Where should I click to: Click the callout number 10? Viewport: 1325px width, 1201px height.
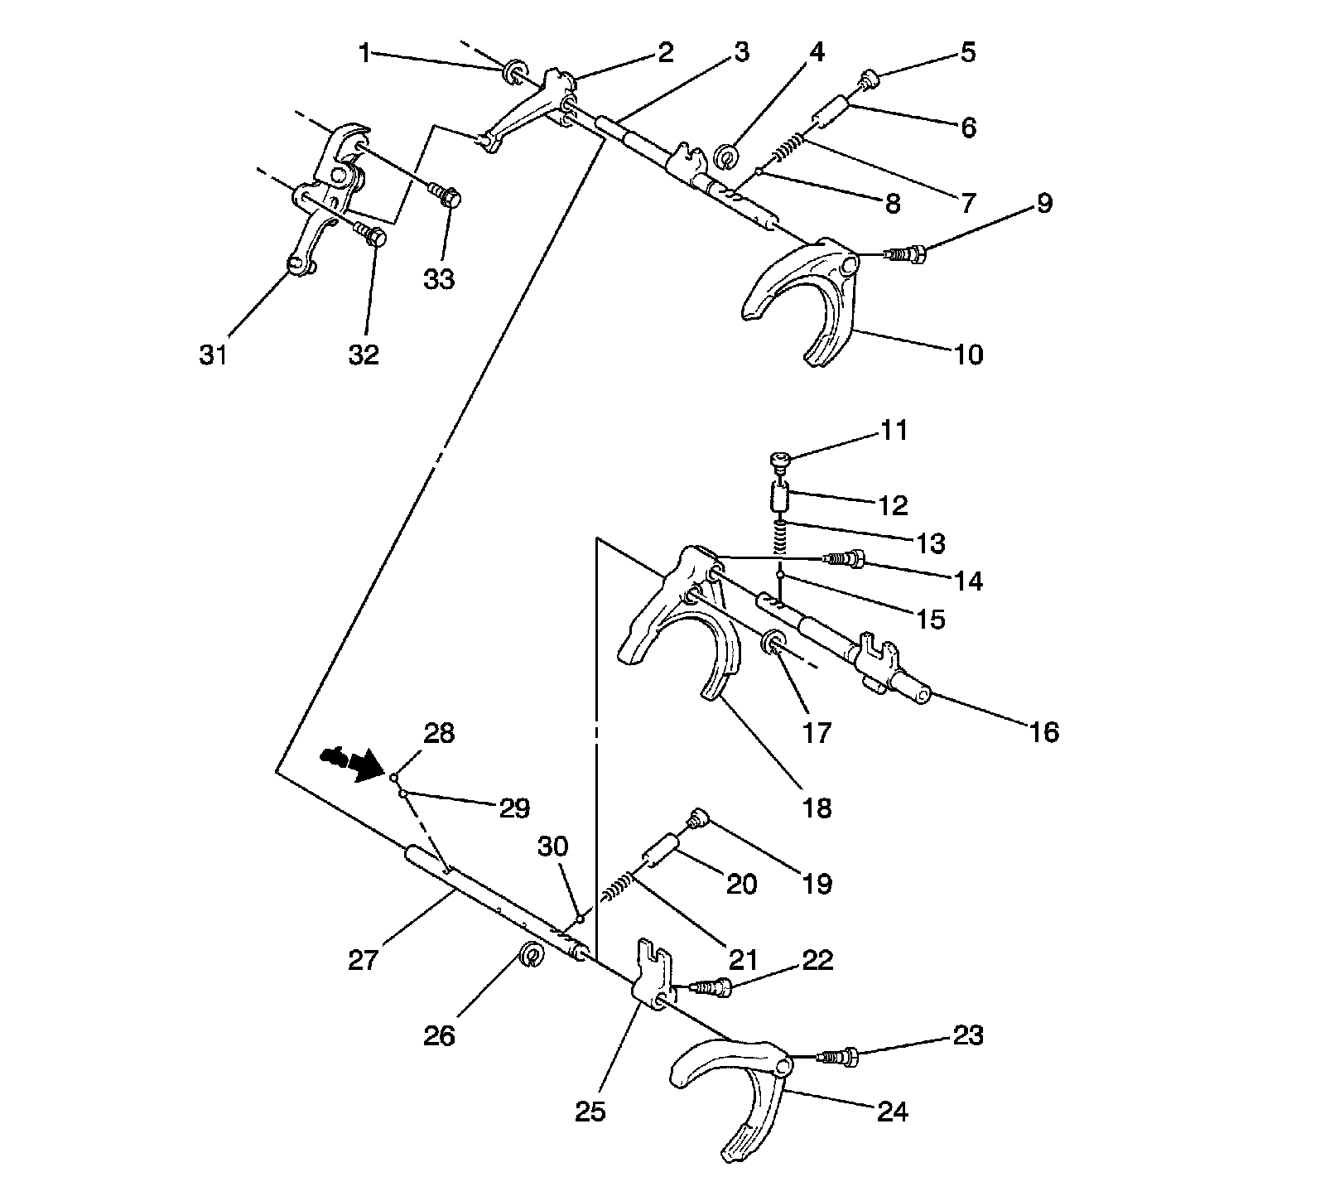pos(968,355)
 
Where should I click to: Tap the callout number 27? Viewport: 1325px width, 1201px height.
pos(364,960)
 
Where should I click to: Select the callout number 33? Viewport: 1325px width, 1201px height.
pos(439,279)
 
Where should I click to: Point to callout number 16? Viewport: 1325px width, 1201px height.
pos(1045,732)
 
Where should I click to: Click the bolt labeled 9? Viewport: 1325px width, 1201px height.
pos(906,253)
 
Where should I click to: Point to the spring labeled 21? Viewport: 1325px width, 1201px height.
pos(618,889)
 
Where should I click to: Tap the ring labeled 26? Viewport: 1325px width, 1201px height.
pos(532,954)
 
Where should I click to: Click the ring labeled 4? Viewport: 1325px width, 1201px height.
pos(726,154)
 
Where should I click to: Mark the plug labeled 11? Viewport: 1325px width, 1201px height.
pos(779,460)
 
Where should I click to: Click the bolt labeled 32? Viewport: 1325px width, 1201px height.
pos(371,236)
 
